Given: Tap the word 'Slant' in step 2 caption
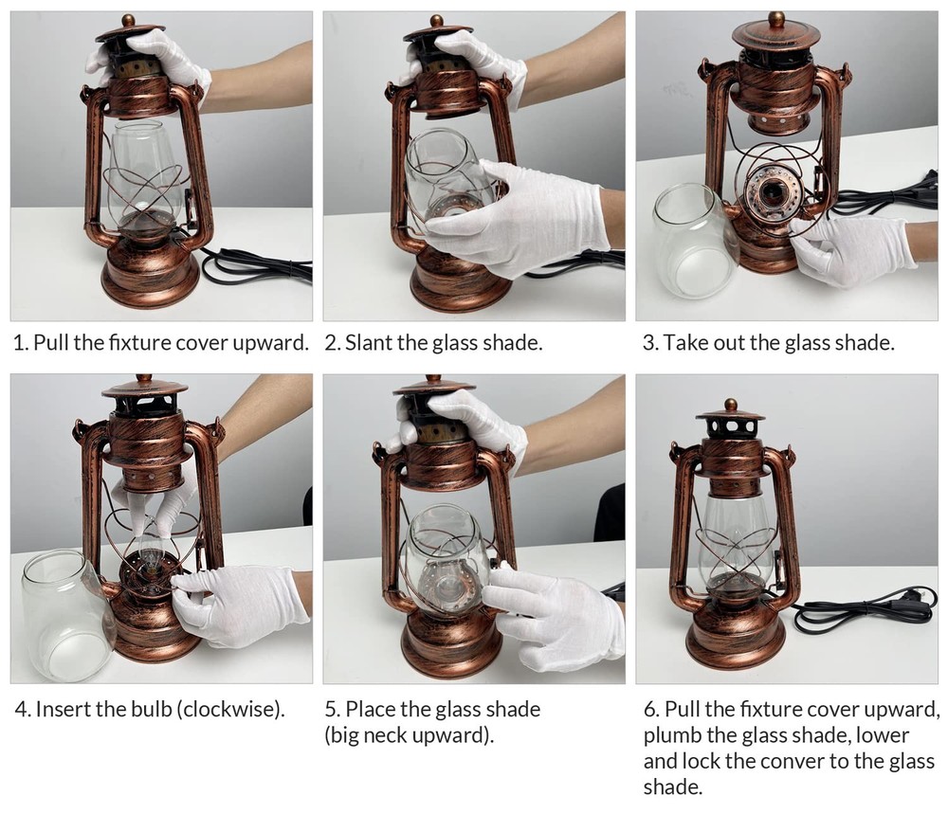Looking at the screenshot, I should coord(368,343).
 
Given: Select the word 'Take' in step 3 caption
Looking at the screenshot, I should coord(684,343).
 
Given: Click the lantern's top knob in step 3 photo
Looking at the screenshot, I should coord(775,18).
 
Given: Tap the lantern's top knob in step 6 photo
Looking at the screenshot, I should coord(730,405).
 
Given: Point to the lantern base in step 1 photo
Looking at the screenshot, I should coord(149,275).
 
